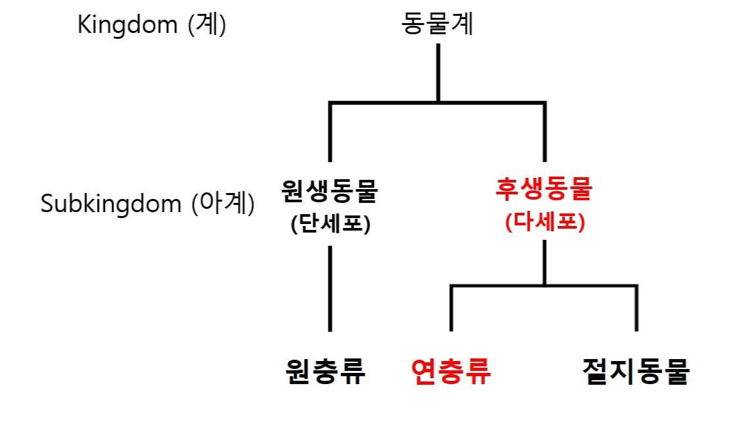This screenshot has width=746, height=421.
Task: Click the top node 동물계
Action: pyautogui.click(x=437, y=25)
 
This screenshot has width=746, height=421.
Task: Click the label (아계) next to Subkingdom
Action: pyautogui.click(x=222, y=203)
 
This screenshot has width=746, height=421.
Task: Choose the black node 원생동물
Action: pyautogui.click(x=329, y=191)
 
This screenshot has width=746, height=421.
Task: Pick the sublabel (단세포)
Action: pyautogui.click(x=330, y=223)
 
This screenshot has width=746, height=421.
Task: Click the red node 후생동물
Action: pyautogui.click(x=544, y=190)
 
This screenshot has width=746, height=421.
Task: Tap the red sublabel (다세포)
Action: pyautogui.click(x=545, y=223)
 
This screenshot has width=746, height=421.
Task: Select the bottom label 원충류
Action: pyautogui.click(x=325, y=372)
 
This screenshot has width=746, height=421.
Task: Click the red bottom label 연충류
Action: pyautogui.click(x=451, y=372)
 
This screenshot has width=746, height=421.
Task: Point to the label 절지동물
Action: pyautogui.click(x=636, y=372)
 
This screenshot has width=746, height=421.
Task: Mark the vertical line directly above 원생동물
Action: pyautogui.click(x=330, y=132)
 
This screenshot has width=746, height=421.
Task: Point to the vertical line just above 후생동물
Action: pyautogui.click(x=545, y=132)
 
